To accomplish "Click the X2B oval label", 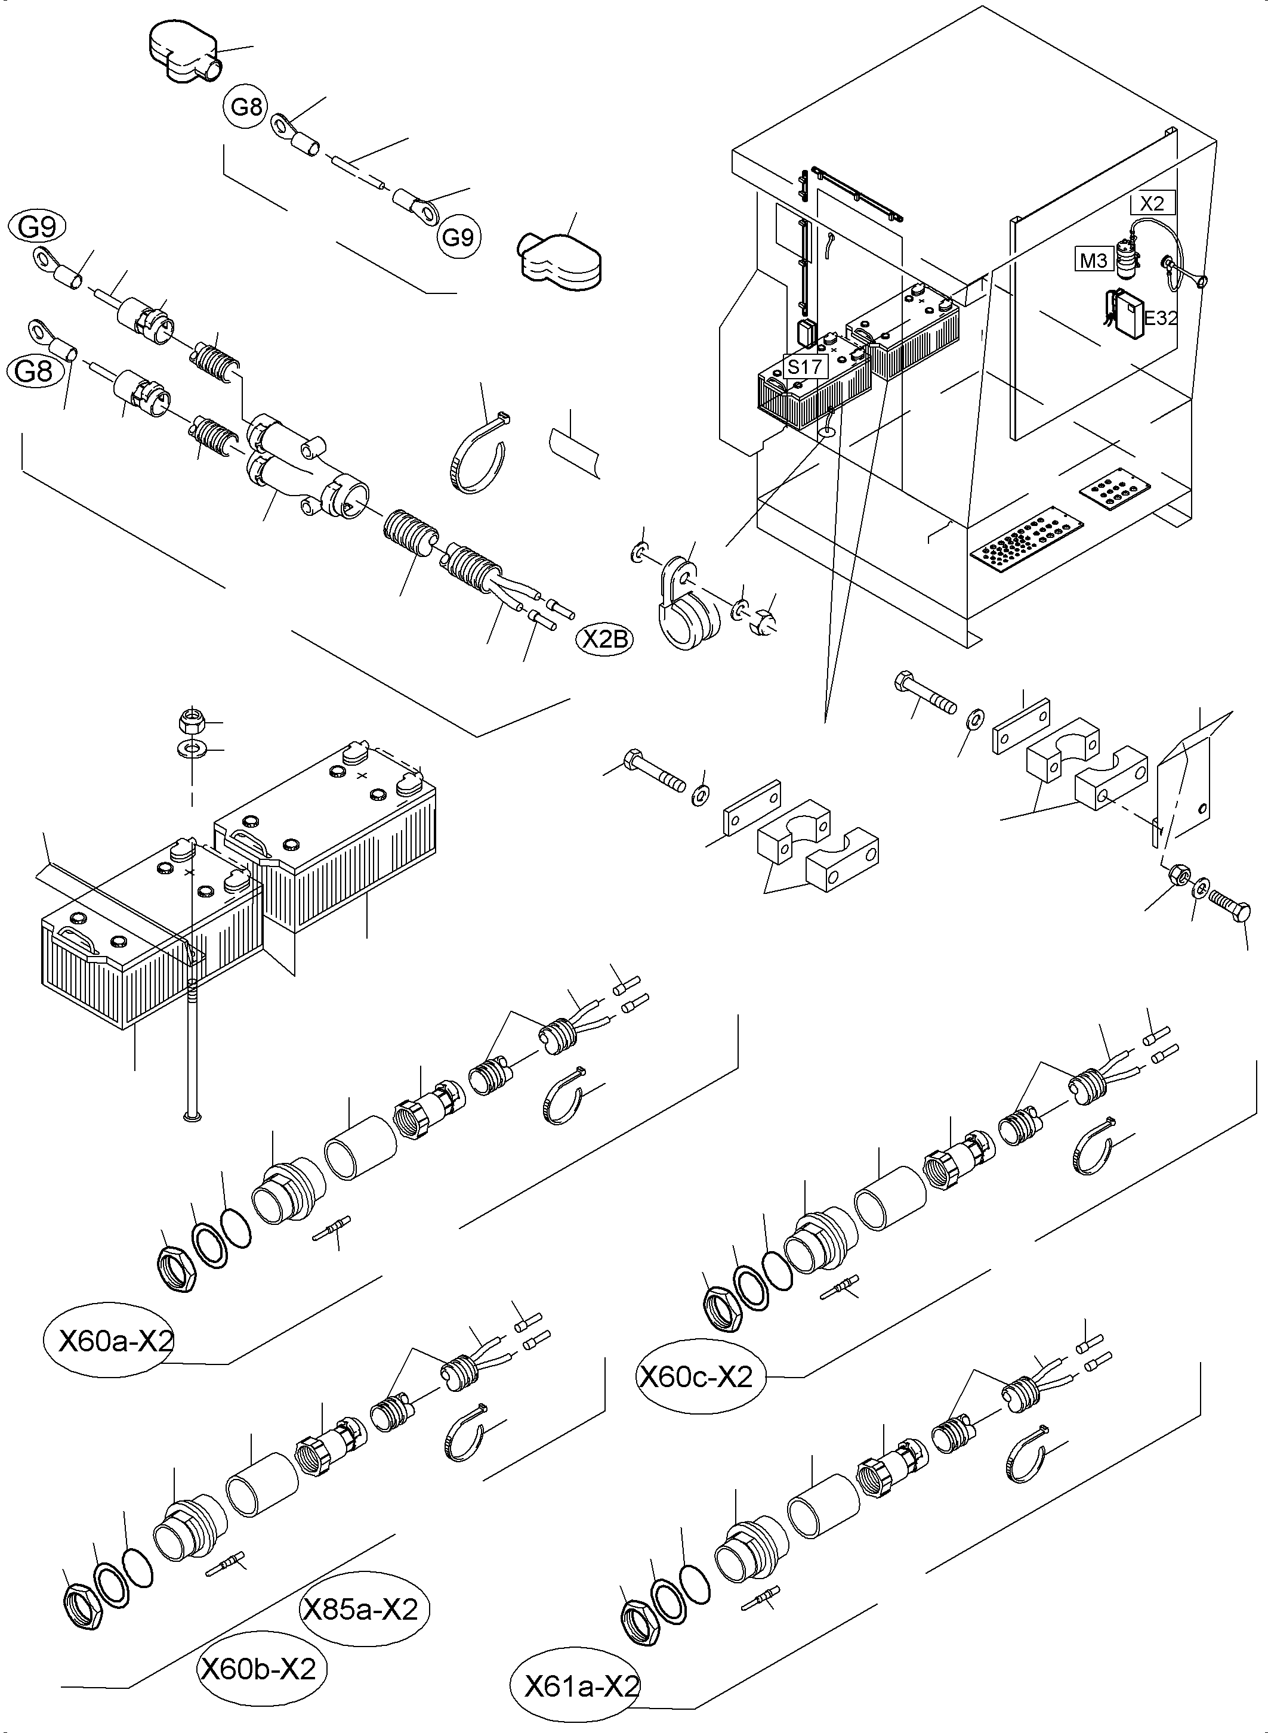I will point(606,639).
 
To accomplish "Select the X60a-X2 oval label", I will point(116,1342).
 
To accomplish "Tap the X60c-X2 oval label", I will point(697,1378).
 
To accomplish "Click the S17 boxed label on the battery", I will point(804,366).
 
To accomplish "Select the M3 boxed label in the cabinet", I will point(1093,261).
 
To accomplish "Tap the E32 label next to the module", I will point(1160,318).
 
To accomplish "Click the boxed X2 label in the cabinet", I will point(1152,203).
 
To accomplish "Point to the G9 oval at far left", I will point(37,227).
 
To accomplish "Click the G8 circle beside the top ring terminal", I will point(246,107).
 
